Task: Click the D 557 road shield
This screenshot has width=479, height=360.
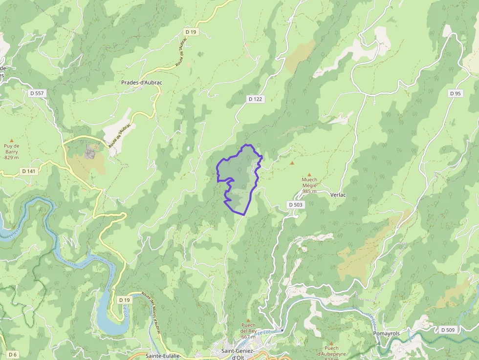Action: pos(36,93)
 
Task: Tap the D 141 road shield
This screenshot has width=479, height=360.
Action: pos(29,171)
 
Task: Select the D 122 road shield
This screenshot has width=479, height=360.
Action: pos(255,99)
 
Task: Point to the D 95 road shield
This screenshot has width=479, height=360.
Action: pos(455,93)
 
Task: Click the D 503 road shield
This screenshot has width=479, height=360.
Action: pos(296,205)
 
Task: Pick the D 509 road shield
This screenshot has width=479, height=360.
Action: pos(448,330)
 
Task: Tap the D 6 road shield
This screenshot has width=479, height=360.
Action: pos(12,355)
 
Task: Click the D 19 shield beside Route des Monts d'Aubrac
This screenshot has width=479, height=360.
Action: pos(124,300)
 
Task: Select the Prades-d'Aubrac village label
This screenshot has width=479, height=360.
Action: pos(141,83)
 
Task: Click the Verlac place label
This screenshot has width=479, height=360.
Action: pos(338,194)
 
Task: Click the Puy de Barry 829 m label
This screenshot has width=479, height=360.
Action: pos(12,151)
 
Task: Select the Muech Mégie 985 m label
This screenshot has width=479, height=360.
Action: pos(309,185)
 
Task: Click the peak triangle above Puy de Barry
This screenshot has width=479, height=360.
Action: pos(12,141)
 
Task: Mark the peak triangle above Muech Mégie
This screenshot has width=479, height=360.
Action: pos(309,174)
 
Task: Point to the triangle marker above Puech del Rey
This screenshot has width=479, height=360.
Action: pos(248,320)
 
